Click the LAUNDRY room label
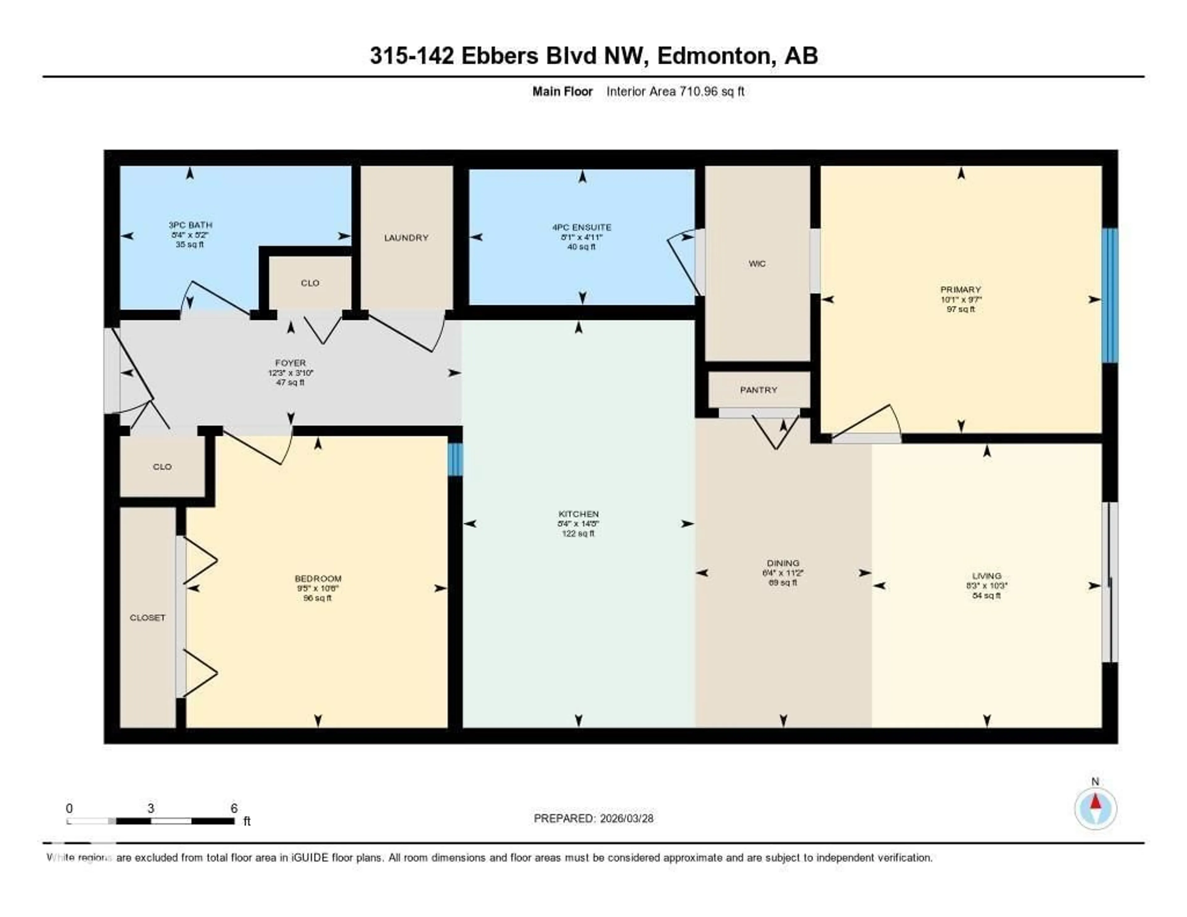[406, 237]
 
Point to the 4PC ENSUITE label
[581, 227]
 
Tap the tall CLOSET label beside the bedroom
[147, 617]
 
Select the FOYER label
[290, 363]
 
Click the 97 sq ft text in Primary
[960, 309]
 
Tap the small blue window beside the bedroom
[455, 459]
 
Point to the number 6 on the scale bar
[234, 808]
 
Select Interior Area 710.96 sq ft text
[675, 91]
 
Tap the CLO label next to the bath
[310, 283]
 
